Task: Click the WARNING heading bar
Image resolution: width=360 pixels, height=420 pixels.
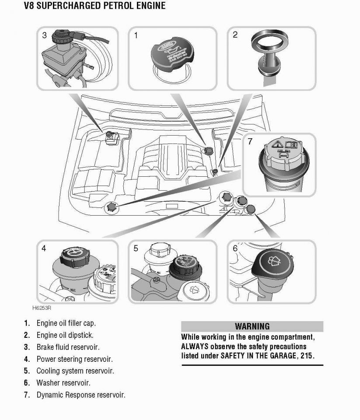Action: [252, 326]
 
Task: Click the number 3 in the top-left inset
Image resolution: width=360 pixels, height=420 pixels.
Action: [44, 35]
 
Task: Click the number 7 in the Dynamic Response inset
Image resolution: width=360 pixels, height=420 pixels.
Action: [250, 142]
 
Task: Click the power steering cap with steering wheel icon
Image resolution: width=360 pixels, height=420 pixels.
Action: [73, 256]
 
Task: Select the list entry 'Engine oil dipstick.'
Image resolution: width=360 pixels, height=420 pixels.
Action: [65, 335]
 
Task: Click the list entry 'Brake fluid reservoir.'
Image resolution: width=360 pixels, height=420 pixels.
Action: [68, 347]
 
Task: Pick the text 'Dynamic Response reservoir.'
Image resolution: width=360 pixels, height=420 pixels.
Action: [81, 395]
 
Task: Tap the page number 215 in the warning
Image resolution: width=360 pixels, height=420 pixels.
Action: [307, 355]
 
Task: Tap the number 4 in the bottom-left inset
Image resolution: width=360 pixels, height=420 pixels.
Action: [44, 248]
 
